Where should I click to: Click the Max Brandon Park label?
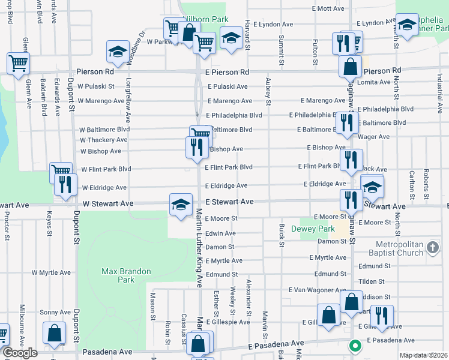tap(126, 275)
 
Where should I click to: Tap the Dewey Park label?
tap(313, 229)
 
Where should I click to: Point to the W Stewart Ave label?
tap(108, 204)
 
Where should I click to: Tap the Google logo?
tap(20, 352)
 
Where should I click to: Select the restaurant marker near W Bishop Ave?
tap(196, 147)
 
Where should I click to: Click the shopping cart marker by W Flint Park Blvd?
tap(61, 172)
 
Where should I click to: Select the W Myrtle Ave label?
tap(51, 272)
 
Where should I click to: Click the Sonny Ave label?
tap(55, 313)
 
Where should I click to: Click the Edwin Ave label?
tap(220, 233)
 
